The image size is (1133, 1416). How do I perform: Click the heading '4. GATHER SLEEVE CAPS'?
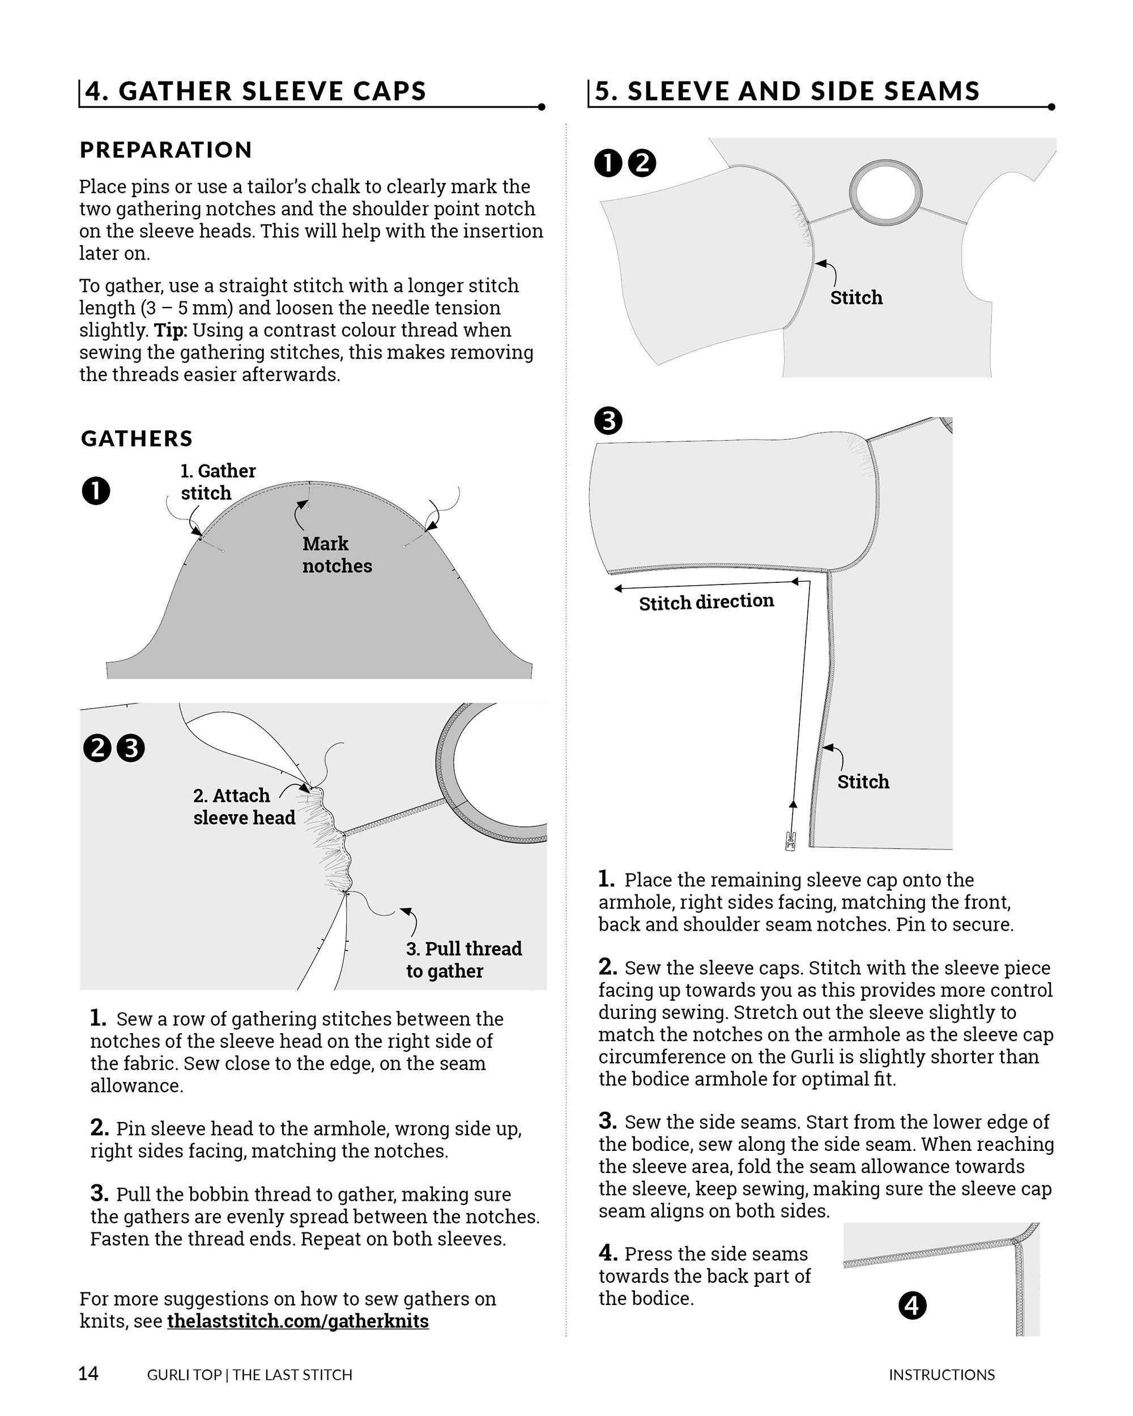[255, 91]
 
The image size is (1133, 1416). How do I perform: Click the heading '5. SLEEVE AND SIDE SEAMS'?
[786, 91]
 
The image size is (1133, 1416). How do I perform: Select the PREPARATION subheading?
[165, 150]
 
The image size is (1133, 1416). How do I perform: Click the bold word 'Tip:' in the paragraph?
[170, 330]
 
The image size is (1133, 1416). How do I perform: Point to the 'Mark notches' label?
[337, 555]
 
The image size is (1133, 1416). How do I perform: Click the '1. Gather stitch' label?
[218, 481]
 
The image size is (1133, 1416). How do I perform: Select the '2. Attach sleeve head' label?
[244, 806]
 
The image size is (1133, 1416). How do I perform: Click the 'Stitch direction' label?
[706, 602]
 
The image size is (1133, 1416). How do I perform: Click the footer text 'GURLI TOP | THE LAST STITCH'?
[250, 1375]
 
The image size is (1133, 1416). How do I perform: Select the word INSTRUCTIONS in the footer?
[941, 1375]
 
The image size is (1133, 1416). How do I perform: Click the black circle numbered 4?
[911, 1305]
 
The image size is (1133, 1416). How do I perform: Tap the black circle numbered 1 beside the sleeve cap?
[96, 491]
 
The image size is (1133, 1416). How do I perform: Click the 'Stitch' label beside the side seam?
[862, 782]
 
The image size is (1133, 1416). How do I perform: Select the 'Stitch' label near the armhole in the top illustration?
[856, 297]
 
